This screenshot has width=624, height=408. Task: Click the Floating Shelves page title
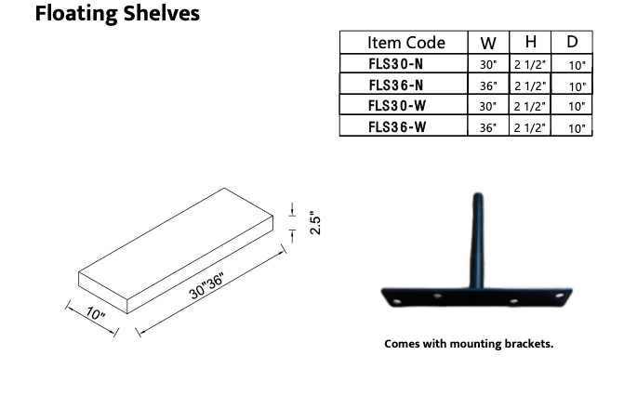[x=117, y=15]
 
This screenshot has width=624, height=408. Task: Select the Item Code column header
[x=405, y=43]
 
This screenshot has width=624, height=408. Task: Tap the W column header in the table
[x=488, y=43]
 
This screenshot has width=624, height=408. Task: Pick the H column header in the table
[x=530, y=43]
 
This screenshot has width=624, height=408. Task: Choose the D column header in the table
[x=572, y=43]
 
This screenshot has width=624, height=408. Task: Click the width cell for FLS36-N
[x=488, y=86]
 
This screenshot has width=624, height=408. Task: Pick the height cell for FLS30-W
[x=530, y=107]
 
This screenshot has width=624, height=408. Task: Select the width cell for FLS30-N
[x=488, y=65]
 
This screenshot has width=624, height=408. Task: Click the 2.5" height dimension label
[x=315, y=223]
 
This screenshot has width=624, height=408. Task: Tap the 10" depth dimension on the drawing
[x=95, y=314]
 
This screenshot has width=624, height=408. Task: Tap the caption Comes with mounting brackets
[x=469, y=344]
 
